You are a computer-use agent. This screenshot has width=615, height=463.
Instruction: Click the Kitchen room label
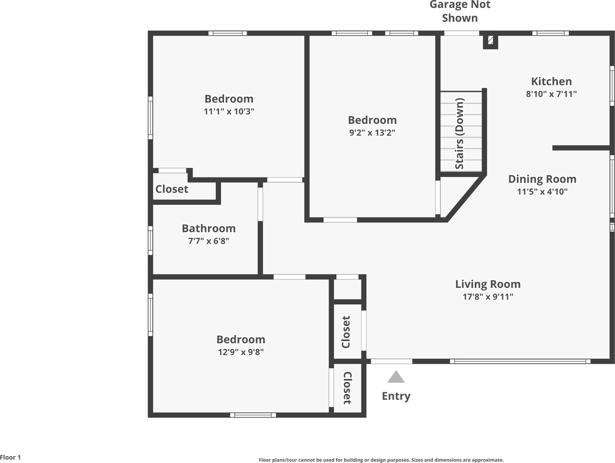pos(551,82)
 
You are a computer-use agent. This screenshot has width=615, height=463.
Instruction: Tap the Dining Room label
pos(542,179)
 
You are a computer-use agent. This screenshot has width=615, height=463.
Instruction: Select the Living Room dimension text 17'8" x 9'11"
pos(488,297)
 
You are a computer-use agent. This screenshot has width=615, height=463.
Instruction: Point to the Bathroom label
pos(209,229)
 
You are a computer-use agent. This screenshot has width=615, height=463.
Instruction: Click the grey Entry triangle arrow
pos(396,377)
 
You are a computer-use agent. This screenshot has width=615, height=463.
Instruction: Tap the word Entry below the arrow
pos(396,396)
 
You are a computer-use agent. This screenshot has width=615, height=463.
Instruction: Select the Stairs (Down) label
pos(459,134)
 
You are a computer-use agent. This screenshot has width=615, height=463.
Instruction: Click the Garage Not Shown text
pos(460,11)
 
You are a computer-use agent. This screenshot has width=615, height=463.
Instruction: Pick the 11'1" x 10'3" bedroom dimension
pos(229,111)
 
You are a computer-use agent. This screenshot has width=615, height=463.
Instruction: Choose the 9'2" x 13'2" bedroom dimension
pos(372,133)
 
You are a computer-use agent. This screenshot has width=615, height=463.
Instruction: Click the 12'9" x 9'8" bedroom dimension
pos(241,352)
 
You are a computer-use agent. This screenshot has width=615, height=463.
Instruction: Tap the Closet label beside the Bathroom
pos(172,189)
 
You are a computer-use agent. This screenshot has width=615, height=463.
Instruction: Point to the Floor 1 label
pos(11,457)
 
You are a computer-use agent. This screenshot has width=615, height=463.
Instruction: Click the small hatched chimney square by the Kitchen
pos(490,40)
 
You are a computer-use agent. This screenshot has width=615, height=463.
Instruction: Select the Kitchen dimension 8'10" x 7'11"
pos(551,94)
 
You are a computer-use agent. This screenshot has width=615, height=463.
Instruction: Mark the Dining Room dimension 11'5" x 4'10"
pos(542,191)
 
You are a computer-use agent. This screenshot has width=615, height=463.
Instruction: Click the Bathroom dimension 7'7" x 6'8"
pos(209,241)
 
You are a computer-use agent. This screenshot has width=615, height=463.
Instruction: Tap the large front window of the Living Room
pos(520,361)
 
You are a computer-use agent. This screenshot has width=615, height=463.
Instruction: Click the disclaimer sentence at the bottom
pos(381,460)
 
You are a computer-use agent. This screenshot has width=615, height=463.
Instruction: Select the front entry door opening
pos(391,361)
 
